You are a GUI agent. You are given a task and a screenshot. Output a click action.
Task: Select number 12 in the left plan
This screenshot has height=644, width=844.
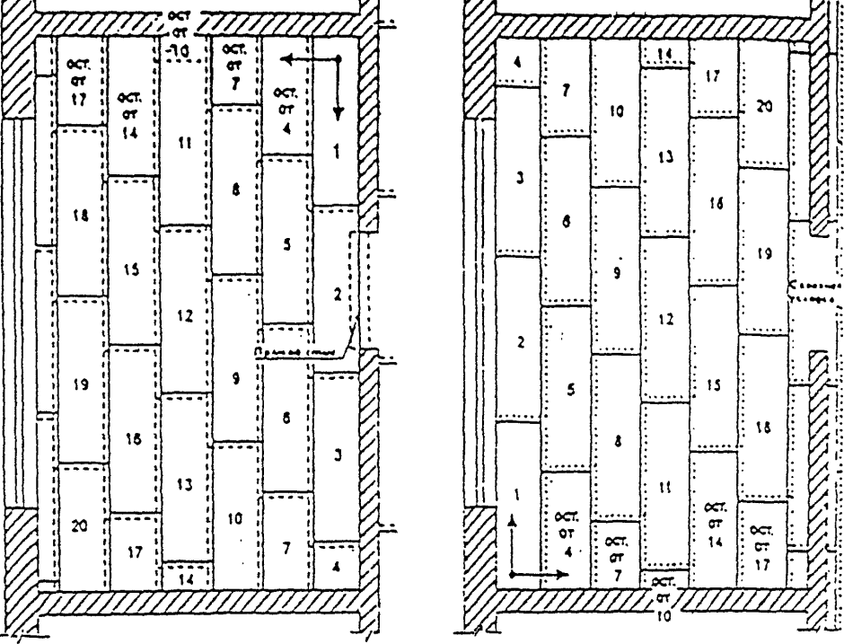(185, 316)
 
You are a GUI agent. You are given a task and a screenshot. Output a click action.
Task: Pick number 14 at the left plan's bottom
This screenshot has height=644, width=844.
(186, 579)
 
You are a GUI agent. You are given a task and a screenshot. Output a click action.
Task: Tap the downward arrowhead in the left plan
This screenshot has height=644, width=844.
(338, 115)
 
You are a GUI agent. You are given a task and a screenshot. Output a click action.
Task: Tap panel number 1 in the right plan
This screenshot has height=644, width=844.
(516, 493)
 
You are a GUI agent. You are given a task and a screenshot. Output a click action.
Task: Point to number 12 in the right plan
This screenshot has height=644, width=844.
(664, 319)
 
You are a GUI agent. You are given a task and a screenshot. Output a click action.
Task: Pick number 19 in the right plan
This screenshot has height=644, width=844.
(764, 254)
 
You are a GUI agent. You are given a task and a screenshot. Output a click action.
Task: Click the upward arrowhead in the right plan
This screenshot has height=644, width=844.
(512, 521)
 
